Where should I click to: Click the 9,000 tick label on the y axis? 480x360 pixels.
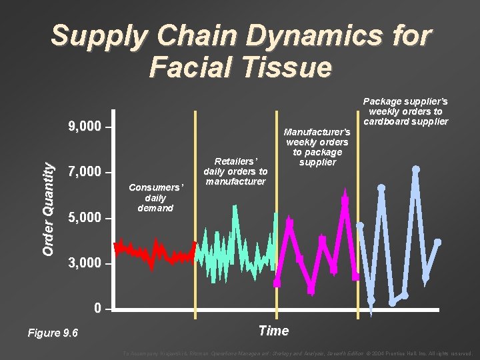click(x=85, y=127)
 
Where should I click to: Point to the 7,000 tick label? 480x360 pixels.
click(x=85, y=173)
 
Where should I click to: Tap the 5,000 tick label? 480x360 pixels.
click(x=85, y=218)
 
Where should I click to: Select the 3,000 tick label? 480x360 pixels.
click(x=85, y=264)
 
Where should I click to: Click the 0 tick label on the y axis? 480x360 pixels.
click(x=98, y=309)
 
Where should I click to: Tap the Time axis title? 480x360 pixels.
click(x=273, y=331)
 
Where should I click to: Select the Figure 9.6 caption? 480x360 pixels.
click(x=53, y=333)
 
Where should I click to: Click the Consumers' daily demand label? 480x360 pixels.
click(x=155, y=198)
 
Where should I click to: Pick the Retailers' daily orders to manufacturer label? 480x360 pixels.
click(x=235, y=171)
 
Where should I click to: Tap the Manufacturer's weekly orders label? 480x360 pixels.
click(x=317, y=147)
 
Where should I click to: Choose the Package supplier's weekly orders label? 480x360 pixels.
click(x=405, y=111)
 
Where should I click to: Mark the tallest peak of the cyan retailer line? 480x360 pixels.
click(x=235, y=207)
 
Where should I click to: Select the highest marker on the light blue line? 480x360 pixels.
click(x=415, y=169)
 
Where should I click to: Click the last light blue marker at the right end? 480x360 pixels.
click(x=437, y=242)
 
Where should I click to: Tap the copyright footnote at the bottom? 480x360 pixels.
click(x=297, y=353)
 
